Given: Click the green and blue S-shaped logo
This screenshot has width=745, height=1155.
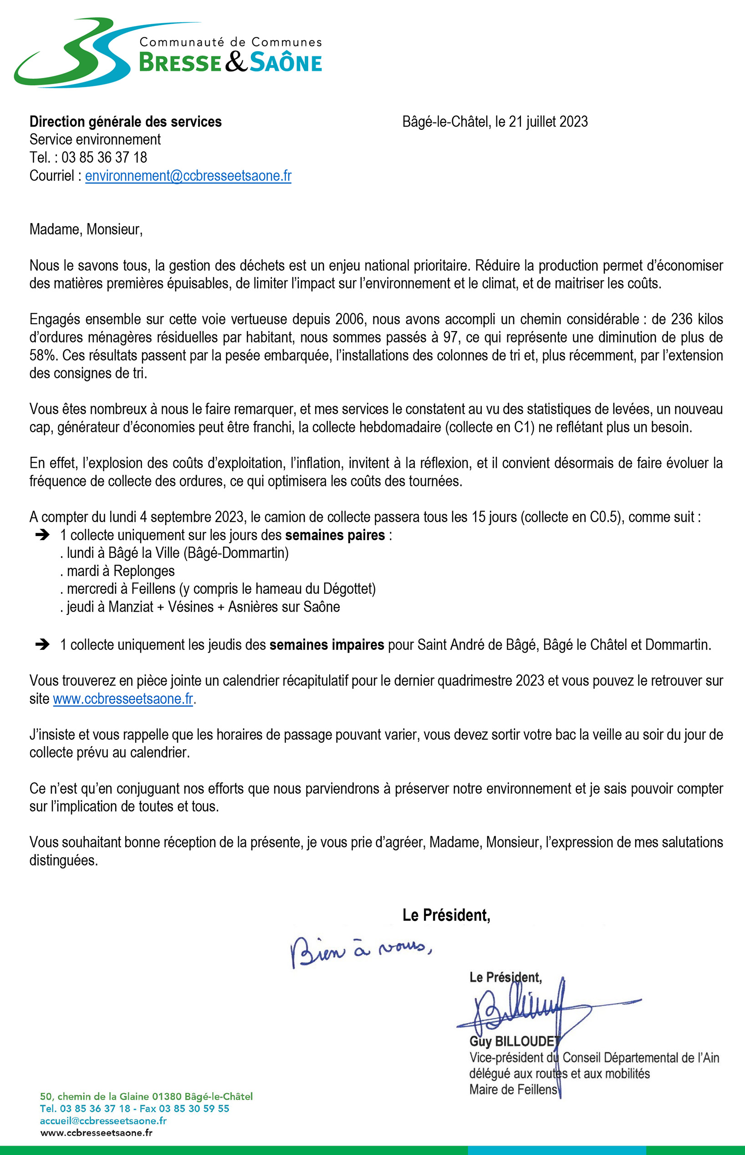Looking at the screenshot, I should click(72, 53).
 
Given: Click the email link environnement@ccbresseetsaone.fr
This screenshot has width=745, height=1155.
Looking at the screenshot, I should click(188, 176).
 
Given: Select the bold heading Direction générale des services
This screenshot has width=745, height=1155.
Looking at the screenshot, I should click(125, 122).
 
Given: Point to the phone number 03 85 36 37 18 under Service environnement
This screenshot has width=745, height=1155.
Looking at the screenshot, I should click(104, 158).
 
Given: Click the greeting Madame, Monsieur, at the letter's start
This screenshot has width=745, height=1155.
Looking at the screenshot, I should click(86, 229).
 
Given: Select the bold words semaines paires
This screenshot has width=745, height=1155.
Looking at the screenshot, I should click(335, 535).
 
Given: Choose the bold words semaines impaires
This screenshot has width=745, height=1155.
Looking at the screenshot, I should click(327, 644).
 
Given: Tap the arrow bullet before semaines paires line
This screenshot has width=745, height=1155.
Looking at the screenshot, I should click(42, 535).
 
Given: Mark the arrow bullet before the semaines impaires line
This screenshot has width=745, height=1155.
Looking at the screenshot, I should click(42, 644).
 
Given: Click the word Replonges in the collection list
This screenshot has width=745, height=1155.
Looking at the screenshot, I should click(144, 571).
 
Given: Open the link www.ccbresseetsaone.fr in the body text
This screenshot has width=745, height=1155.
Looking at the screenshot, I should click(123, 699).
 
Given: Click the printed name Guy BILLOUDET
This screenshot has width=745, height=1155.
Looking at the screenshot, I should click(514, 1041).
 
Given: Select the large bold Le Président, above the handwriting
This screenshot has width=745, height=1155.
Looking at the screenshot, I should click(446, 915).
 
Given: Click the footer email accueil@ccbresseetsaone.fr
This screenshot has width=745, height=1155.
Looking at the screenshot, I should click(103, 1121).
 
